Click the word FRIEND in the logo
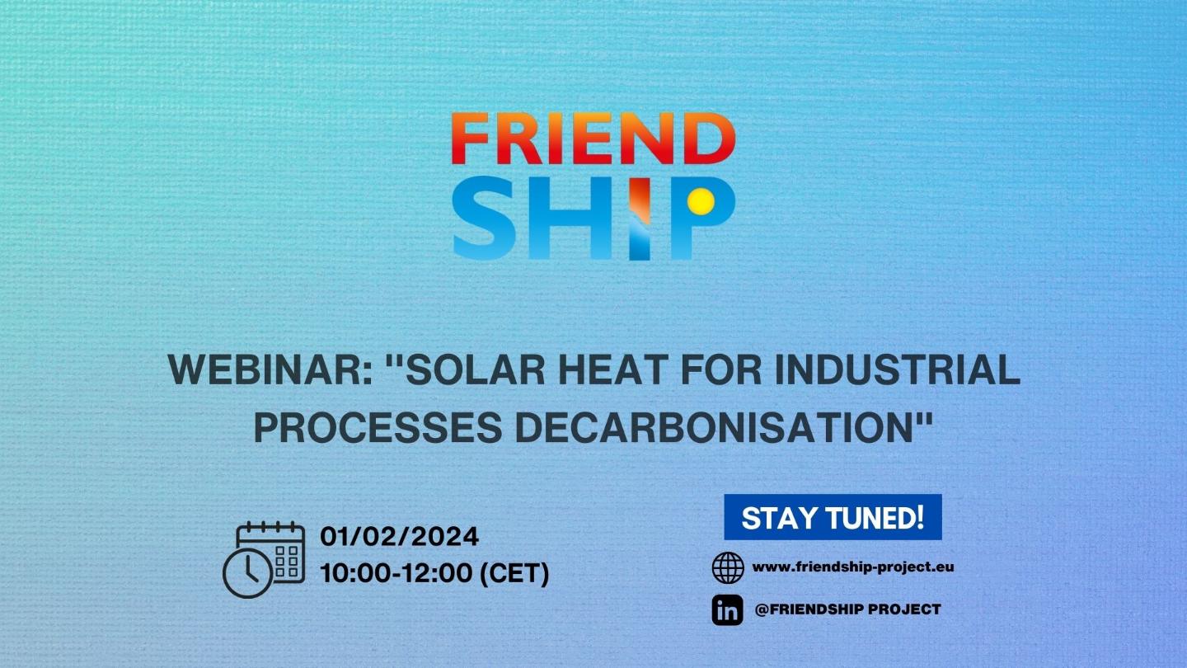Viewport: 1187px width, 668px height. pos(593,138)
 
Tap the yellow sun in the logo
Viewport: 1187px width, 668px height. pos(701,201)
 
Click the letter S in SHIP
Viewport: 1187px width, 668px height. pos(484,218)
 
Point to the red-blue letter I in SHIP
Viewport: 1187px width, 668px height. pos(640,219)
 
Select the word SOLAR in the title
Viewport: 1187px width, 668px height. pos(476,369)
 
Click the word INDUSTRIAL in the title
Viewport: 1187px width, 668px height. pos(897,369)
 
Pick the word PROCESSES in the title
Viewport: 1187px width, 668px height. pos(378,427)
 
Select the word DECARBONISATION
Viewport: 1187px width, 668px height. pos(713,427)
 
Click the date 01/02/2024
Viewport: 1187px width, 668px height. pos(400,537)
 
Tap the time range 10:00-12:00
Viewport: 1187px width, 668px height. pos(396,573)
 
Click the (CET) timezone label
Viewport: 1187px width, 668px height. pos(514,574)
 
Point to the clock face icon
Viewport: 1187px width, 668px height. pos(247,573)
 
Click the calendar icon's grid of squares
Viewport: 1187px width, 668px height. pos(287,562)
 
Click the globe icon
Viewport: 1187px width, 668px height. pos(728,567)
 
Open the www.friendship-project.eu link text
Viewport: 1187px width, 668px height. pos(853,567)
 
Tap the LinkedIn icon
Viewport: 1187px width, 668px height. pos(728,610)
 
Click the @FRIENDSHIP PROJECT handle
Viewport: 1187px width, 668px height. pos(848,609)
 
